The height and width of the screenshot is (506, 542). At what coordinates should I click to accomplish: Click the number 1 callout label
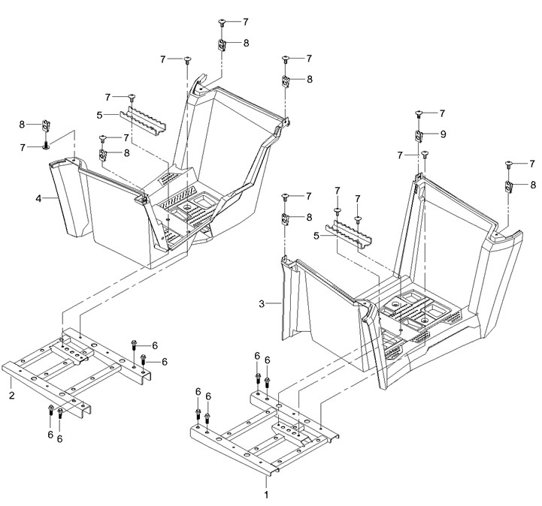[x=266, y=495]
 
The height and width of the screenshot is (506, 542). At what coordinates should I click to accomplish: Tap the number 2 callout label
[x=12, y=395]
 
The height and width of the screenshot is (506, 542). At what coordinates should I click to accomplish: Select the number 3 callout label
[x=262, y=304]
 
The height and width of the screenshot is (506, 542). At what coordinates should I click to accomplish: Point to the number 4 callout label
[x=38, y=198]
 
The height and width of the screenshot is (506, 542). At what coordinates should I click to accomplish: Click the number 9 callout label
[x=443, y=134]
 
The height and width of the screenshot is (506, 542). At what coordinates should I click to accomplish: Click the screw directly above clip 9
[x=419, y=113]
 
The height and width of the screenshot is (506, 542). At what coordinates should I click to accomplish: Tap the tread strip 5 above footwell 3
[x=349, y=234]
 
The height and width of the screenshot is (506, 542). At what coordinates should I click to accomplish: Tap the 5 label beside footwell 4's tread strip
[x=99, y=115]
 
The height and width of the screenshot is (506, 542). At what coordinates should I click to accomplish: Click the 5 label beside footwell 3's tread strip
[x=316, y=236]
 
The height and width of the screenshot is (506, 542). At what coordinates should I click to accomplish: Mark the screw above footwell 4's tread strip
[x=132, y=97]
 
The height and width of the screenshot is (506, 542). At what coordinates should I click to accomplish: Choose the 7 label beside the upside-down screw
[x=23, y=148]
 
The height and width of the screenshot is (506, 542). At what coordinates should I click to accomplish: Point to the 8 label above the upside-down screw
[x=22, y=125]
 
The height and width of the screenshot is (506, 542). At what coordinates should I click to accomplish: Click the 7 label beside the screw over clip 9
[x=442, y=113]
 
